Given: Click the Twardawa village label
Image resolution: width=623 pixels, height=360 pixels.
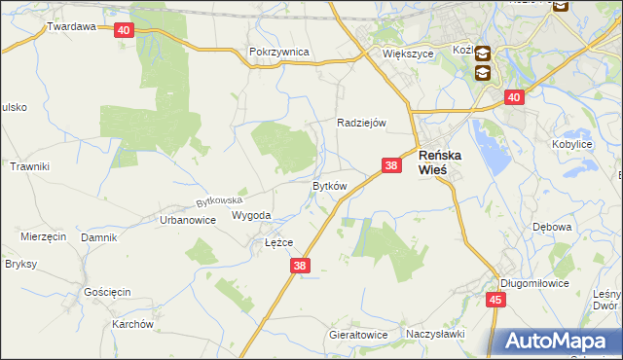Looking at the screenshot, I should (71, 26).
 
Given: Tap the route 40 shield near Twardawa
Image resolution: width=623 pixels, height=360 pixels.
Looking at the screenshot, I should (123, 30).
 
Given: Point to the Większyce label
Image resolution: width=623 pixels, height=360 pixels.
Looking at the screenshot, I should (407, 54).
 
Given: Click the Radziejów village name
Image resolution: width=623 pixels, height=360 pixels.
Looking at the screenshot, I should (362, 123).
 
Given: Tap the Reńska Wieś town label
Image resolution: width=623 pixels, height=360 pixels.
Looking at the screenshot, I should (446, 162).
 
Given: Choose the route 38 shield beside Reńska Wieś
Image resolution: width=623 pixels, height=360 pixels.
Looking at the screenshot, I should (391, 166).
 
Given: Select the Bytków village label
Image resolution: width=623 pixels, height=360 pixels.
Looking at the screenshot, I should (329, 185).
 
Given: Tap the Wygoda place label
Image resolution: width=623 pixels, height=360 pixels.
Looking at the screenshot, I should (251, 216).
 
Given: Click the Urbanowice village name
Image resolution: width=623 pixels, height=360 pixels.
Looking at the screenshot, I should (187, 220).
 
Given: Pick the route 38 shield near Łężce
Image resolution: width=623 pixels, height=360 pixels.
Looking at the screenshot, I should (300, 265).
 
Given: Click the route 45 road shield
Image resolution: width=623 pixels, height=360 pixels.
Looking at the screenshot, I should (495, 300).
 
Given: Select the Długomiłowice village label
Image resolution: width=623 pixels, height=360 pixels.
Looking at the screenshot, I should (532, 283).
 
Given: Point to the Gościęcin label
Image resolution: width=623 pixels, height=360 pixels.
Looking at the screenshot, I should (107, 292).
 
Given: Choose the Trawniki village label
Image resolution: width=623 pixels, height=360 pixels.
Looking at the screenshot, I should (29, 166).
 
